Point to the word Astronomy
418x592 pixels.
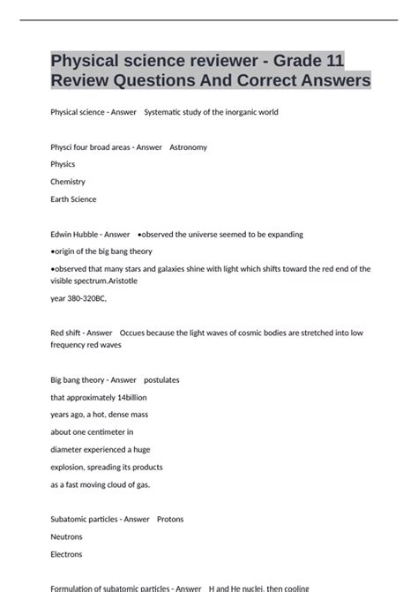(188, 147)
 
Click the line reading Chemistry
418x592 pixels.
(68, 182)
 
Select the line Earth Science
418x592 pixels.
(74, 199)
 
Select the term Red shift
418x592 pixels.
(67, 333)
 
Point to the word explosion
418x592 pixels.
(71, 467)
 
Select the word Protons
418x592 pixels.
(170, 520)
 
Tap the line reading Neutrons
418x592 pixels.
(67, 536)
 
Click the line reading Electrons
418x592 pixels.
(67, 554)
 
